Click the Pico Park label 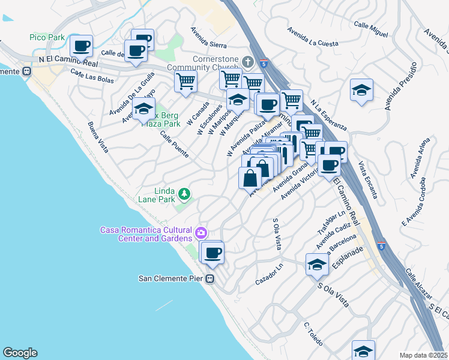[x=47, y=37]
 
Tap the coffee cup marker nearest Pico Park [x=81, y=46]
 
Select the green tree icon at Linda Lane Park [x=185, y=193]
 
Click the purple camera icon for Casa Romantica [x=201, y=232]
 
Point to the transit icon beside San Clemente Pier [x=210, y=278]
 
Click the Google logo [x=20, y=353]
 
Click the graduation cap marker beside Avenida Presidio [x=361, y=90]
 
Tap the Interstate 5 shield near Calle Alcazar [x=382, y=246]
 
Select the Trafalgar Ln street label [x=331, y=223]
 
